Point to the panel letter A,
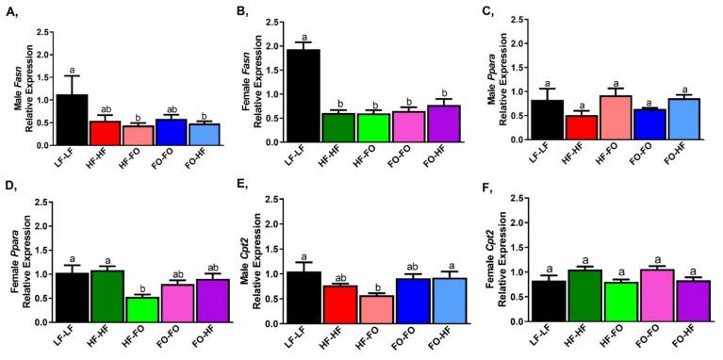coord(12,11)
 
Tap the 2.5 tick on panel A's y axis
coord(43,32)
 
